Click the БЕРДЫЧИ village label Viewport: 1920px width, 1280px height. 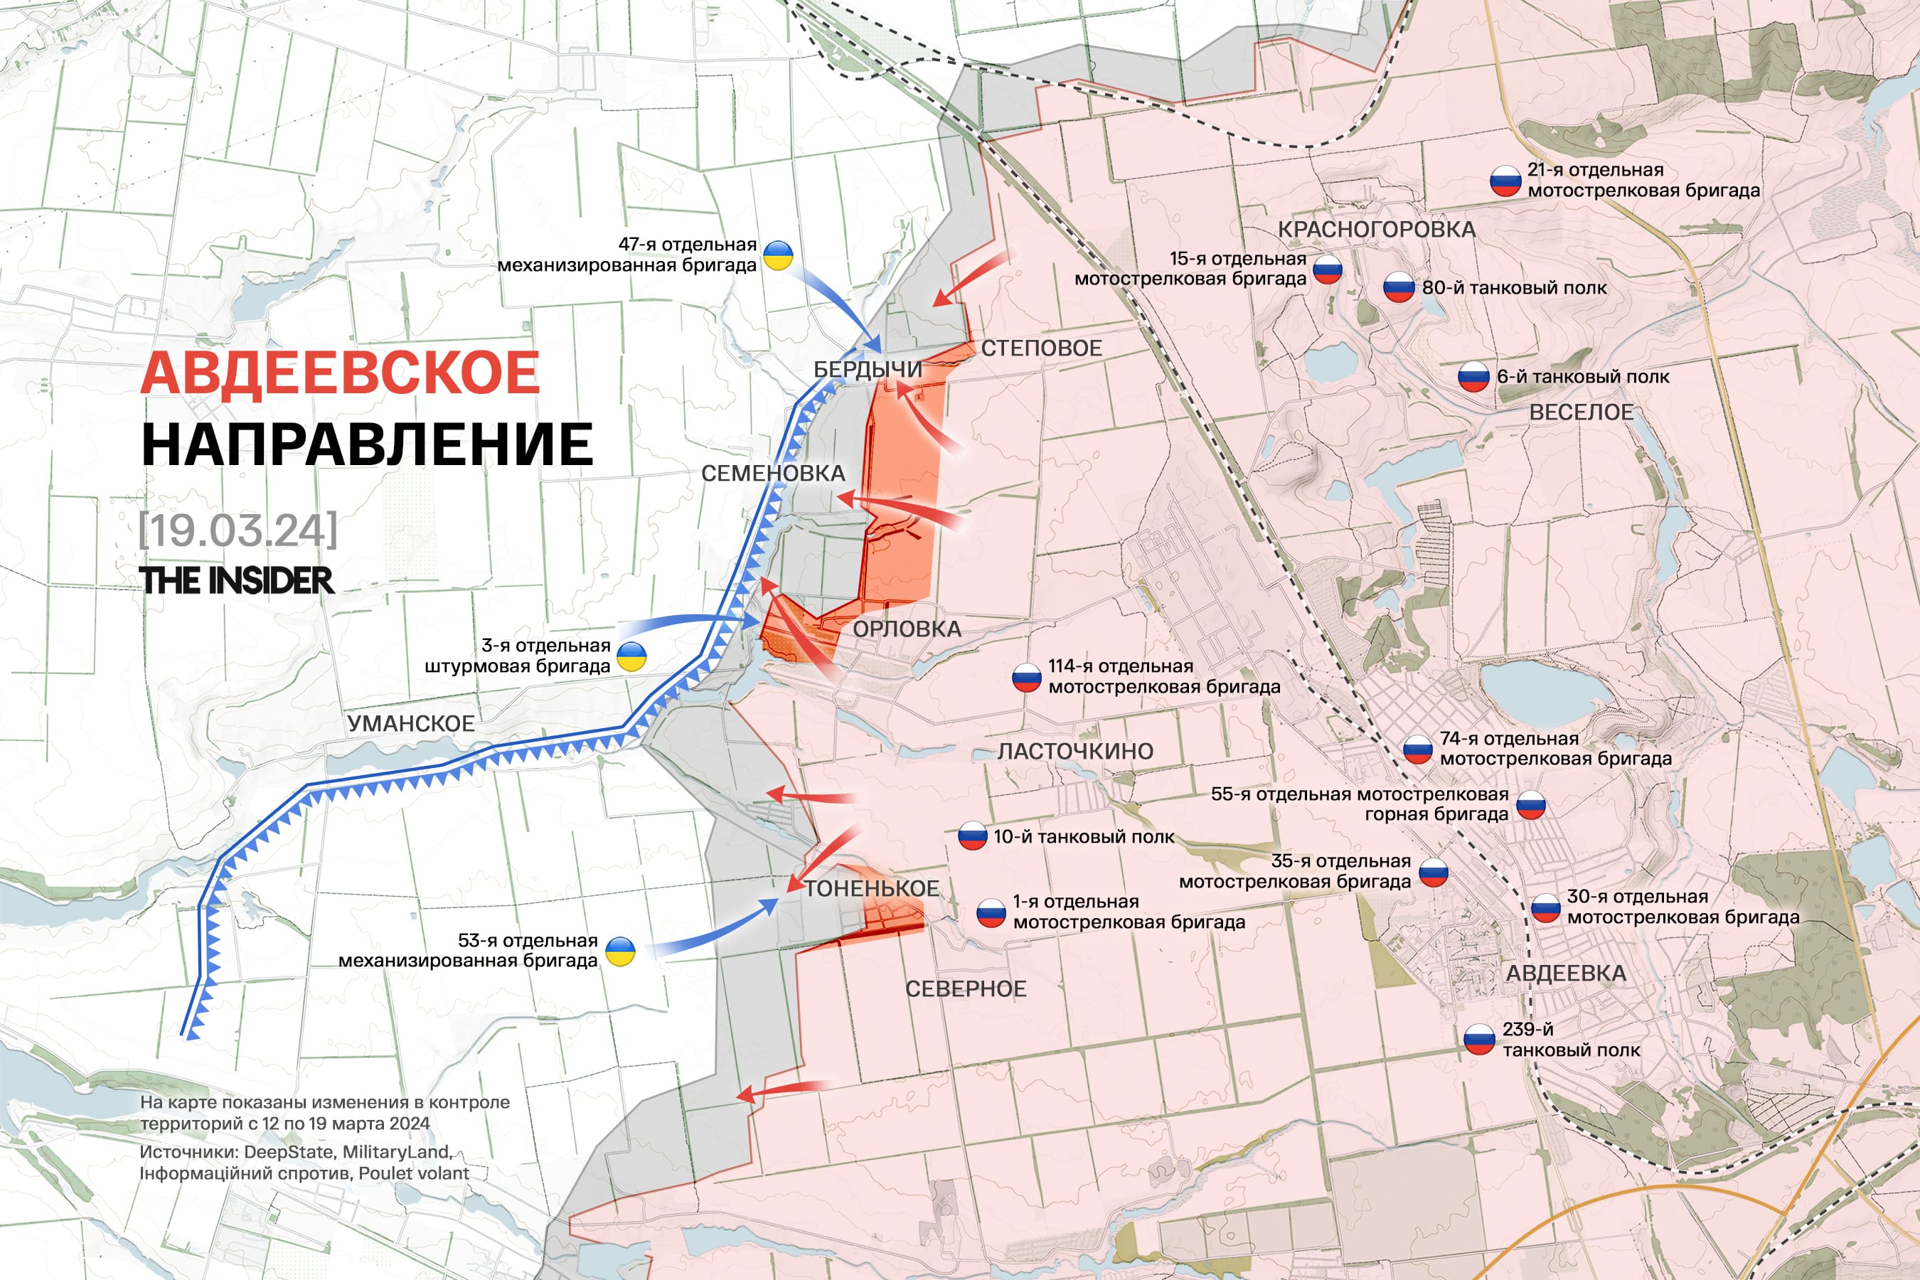click(x=867, y=370)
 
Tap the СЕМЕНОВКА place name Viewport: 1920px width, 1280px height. click(x=772, y=474)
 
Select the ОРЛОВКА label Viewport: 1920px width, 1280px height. click(x=907, y=629)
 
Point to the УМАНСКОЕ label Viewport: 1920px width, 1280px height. click(x=410, y=724)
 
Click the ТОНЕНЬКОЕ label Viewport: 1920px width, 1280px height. click(x=871, y=889)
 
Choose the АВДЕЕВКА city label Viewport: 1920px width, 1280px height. click(x=1566, y=974)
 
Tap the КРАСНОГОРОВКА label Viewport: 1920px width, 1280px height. click(x=1376, y=230)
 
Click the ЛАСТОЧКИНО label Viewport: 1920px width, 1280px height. click(x=1075, y=752)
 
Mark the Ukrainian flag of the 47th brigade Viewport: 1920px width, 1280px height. click(x=778, y=255)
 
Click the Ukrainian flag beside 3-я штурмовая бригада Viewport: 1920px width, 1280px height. click(x=631, y=656)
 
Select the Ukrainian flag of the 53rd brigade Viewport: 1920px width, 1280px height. click(x=620, y=952)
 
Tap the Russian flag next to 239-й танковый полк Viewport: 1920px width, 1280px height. click(x=1478, y=1040)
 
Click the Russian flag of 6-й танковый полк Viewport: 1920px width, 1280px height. click(x=1473, y=377)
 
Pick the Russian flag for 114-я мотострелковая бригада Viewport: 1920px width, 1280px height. click(x=1026, y=678)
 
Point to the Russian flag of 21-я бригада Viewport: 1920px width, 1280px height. click(x=1505, y=181)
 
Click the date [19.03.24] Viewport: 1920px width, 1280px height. click(x=238, y=530)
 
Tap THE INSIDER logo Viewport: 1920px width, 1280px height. click(x=237, y=581)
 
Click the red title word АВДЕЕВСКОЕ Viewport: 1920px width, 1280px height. click(x=340, y=373)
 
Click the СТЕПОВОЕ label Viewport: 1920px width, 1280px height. click(x=1041, y=348)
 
